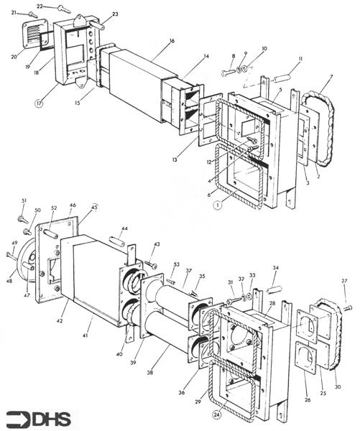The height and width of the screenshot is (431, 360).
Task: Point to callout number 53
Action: [x=176, y=265]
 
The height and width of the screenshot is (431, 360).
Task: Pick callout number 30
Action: [x=338, y=389]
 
